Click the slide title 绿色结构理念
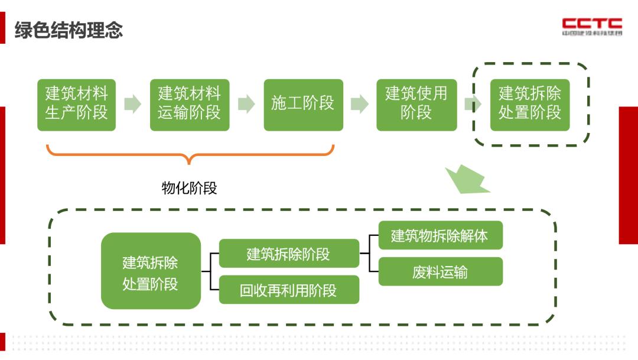(69, 30)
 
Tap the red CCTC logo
(592, 26)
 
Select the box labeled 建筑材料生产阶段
(77, 105)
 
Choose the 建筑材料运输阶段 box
(190, 105)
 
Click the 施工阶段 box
(303, 105)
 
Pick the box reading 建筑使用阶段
(416, 105)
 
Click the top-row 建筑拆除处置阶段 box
(530, 105)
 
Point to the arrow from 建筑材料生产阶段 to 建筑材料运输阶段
(133, 105)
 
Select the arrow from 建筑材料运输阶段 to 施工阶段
(246, 105)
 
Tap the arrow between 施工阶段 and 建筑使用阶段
(359, 105)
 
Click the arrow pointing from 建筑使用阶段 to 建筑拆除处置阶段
(471, 105)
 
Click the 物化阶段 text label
(190, 188)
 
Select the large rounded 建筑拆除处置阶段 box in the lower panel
(151, 271)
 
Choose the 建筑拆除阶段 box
(289, 254)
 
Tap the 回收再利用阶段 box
(289, 290)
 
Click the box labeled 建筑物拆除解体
(440, 235)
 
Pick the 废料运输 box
(440, 271)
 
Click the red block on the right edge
(628, 175)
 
